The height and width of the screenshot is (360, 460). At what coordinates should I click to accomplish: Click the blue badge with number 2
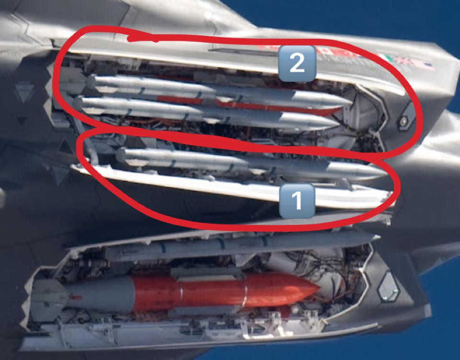tap(297, 63)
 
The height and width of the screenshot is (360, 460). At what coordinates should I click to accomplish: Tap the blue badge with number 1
tap(297, 201)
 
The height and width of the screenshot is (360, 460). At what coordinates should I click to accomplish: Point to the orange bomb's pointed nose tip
tap(319, 287)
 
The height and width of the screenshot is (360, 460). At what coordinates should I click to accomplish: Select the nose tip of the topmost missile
tap(351, 102)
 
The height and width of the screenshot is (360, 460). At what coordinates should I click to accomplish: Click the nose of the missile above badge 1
tap(387, 174)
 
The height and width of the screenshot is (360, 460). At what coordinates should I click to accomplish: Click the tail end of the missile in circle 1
tap(121, 155)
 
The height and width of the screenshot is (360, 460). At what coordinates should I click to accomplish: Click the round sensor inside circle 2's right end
tap(403, 121)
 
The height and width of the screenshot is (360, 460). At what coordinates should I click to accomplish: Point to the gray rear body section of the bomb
tap(100, 292)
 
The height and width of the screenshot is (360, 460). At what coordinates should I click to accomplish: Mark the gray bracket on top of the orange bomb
tap(209, 275)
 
